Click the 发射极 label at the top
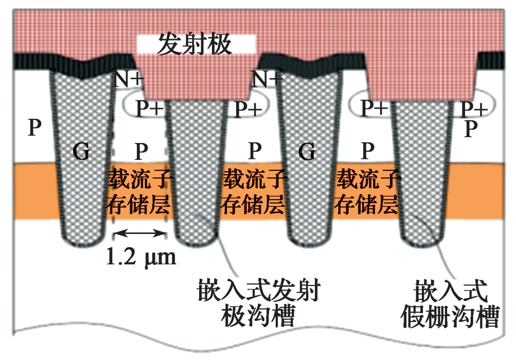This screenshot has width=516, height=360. [x=195, y=45]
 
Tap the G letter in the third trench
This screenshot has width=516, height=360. [x=307, y=152]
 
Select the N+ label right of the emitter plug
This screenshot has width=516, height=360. [x=265, y=80]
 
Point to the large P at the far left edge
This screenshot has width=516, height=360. [x=34, y=127]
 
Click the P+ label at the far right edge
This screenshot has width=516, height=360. [x=473, y=109]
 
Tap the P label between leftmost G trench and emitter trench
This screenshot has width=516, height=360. [x=140, y=152]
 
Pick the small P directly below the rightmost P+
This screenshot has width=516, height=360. [x=469, y=129]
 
